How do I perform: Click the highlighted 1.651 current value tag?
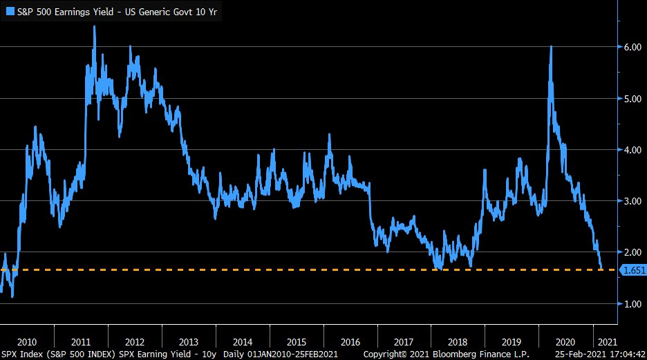coord(632,270)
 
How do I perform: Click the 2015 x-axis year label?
coord(296,341)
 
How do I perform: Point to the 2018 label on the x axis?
coord(458,341)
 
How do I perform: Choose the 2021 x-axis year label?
coord(606,341)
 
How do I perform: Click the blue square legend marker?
coord(8,11)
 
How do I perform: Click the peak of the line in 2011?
coord(94,27)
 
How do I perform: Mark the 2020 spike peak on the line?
coord(550,46)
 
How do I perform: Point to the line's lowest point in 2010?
coord(12,297)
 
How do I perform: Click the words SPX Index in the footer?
coord(20,354)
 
